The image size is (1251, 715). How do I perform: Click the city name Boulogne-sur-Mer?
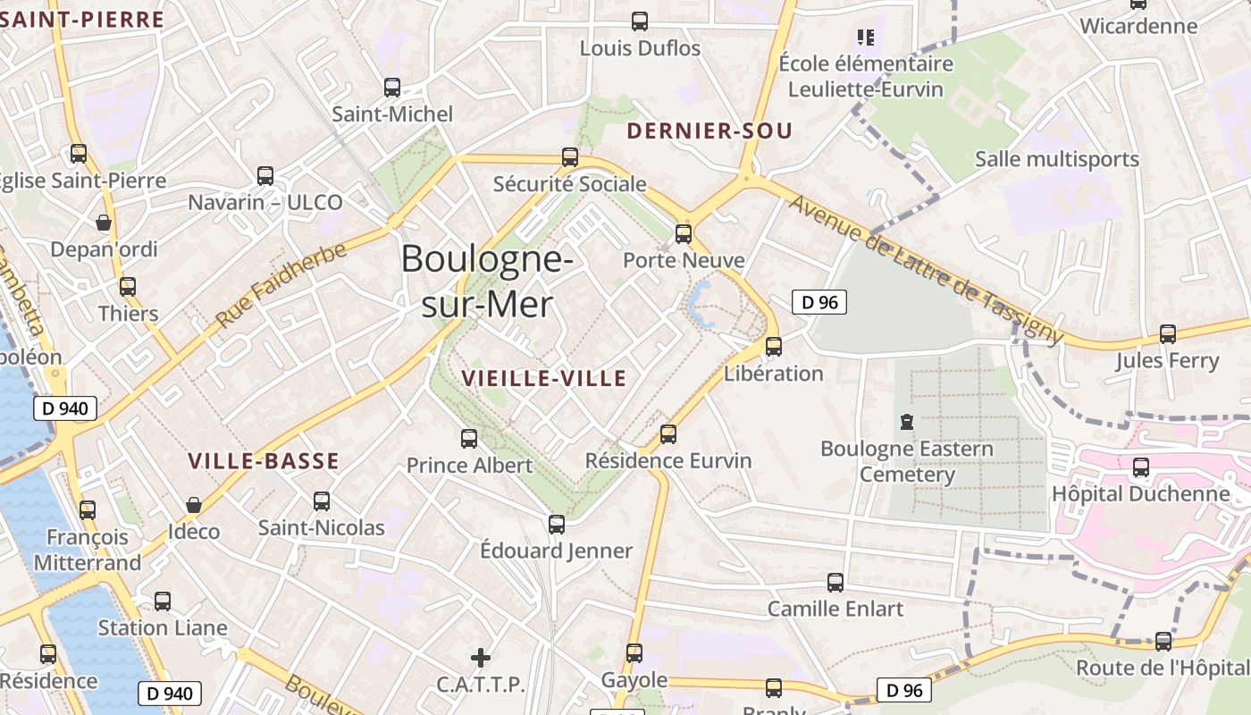pos(487,282)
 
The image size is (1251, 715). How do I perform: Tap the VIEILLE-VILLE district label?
pos(543,378)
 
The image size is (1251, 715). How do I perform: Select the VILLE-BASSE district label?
pos(264,461)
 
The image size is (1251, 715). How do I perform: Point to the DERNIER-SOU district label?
pos(709,131)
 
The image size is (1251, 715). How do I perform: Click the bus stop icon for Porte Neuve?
pos(684,234)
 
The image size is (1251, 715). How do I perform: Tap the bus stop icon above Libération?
pos(774,347)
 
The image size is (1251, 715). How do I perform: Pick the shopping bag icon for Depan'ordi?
pos(104,223)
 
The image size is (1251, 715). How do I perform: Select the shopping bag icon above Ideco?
pos(194,506)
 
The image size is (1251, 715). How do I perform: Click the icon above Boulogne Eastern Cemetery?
pos(907,421)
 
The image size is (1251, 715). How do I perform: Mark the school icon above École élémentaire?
pos(865,38)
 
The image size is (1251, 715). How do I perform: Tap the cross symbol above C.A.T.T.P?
pos(481,658)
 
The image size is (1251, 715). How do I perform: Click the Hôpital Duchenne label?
pos(1140,494)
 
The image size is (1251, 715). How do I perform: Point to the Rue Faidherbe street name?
pos(281,285)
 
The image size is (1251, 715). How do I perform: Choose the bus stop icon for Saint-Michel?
pos(392,88)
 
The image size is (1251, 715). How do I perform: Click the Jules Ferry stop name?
pos(1167,361)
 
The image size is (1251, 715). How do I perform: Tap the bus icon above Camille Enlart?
pos(835,583)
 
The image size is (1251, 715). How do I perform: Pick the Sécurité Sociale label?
pos(570,184)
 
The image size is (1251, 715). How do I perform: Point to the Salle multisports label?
pos(1057,159)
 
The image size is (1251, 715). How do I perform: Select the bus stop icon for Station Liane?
pos(163,601)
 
